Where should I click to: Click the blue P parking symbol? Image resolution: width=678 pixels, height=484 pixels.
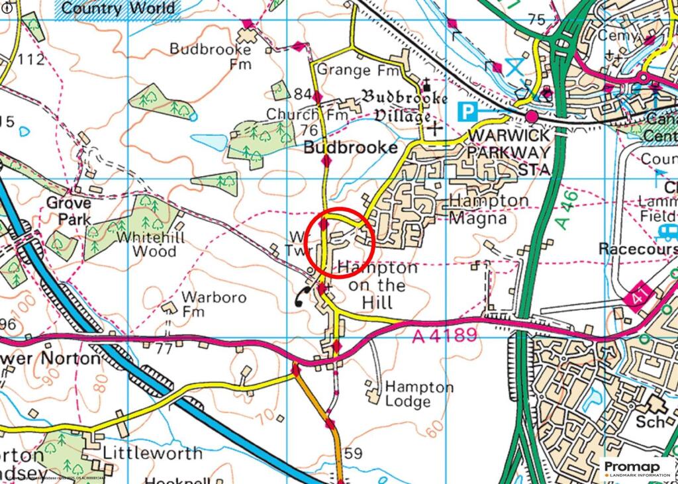[468, 111]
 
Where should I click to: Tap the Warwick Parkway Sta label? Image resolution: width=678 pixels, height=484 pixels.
[508, 152]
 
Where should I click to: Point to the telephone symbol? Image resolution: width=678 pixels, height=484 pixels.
[303, 297]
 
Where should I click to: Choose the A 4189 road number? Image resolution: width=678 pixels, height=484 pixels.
[444, 336]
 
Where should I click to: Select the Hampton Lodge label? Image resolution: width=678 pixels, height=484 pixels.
[410, 395]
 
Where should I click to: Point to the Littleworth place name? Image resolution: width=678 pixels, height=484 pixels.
[152, 454]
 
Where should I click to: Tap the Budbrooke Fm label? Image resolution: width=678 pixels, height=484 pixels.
[211, 56]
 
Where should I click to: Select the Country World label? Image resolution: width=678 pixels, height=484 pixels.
[119, 9]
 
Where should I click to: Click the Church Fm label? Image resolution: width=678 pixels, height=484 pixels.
[307, 115]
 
